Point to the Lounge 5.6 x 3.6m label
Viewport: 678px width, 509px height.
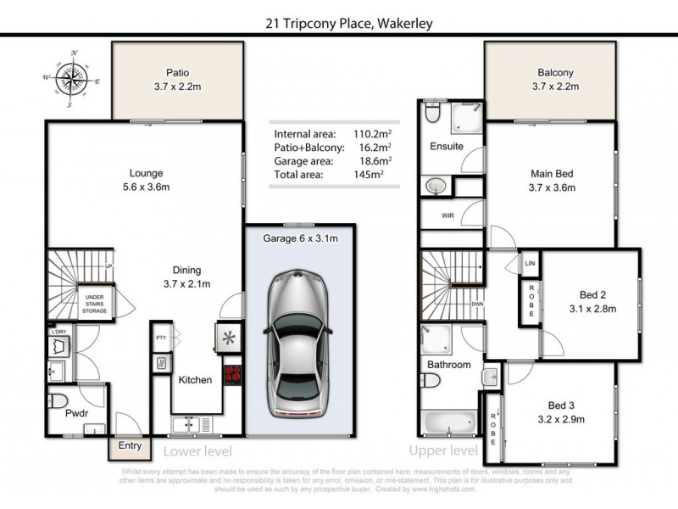pyautogui.click(x=146, y=180)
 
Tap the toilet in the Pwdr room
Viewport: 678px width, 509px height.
pyautogui.click(x=58, y=401)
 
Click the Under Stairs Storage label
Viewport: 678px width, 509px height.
pyautogui.click(x=94, y=305)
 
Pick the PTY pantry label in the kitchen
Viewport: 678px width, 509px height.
pyautogui.click(x=161, y=338)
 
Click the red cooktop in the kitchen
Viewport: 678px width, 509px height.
pyautogui.click(x=232, y=373)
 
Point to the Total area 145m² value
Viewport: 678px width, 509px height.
pyautogui.click(x=370, y=173)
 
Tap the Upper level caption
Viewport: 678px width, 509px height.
pyautogui.click(x=443, y=450)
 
